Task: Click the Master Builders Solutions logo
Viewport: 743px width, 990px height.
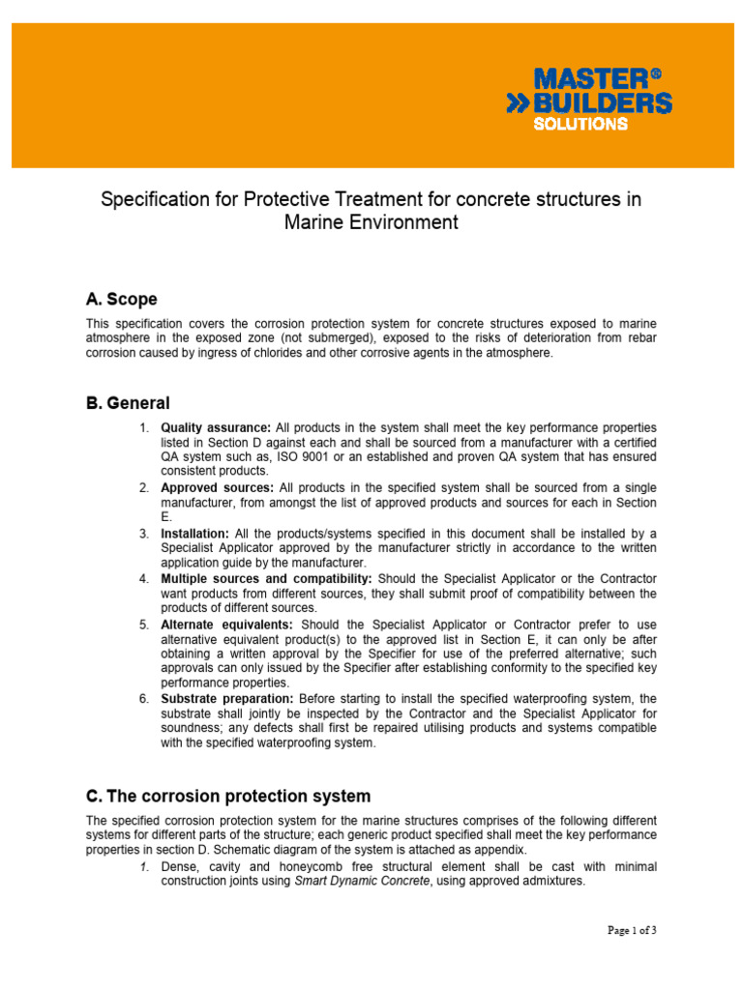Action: click(589, 98)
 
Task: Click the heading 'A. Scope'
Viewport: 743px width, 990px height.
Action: click(122, 300)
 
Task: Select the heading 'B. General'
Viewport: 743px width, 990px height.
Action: click(128, 403)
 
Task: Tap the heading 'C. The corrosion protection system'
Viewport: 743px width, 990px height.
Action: click(228, 797)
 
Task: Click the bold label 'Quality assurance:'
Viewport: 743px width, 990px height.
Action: click(216, 427)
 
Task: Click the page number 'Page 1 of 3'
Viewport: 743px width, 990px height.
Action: click(633, 931)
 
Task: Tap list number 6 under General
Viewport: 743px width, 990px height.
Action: click(143, 698)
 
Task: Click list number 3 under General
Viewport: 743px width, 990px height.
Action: click(143, 533)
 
